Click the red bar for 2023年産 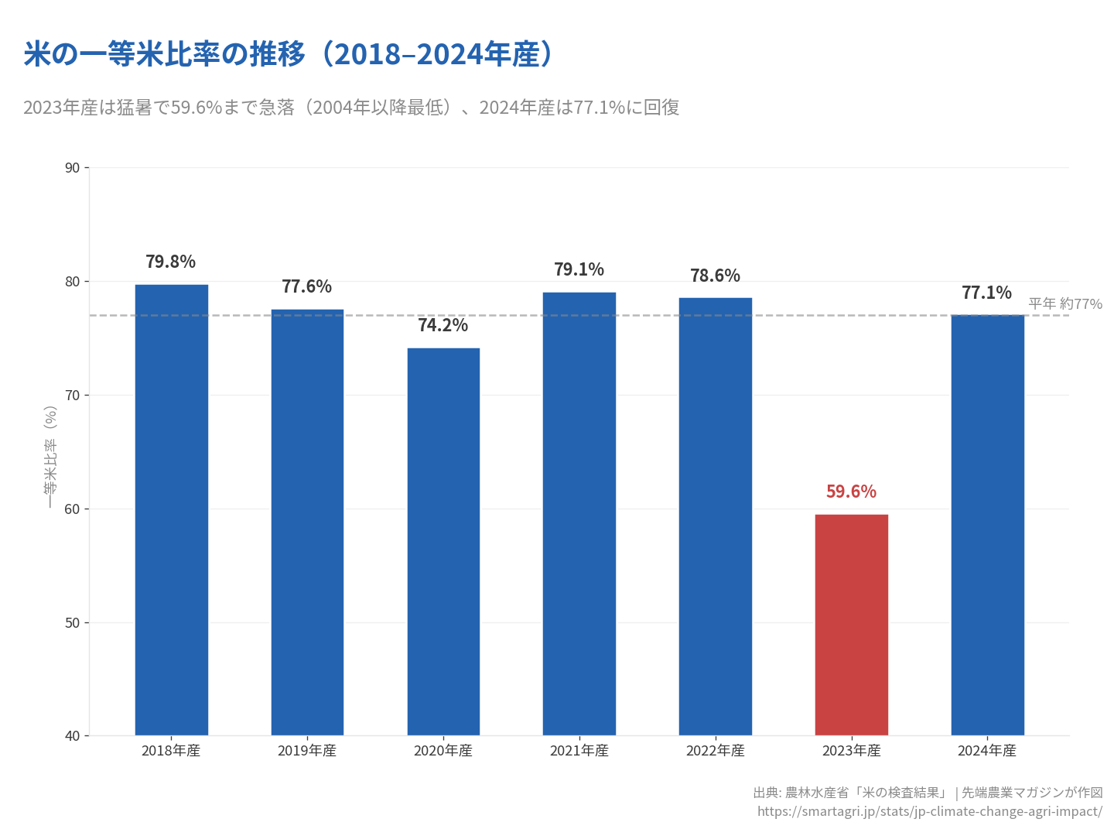click(851, 625)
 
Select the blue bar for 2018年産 click(171, 510)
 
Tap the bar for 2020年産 click(443, 542)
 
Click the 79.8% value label click(170, 262)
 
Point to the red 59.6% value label click(851, 492)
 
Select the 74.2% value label click(443, 325)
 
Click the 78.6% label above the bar click(715, 276)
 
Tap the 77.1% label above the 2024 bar click(986, 293)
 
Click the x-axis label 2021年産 click(579, 751)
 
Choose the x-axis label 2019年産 click(307, 751)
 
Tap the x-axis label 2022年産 click(715, 751)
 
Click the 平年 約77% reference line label click(1064, 304)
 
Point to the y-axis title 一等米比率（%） click(51, 457)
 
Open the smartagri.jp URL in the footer click(929, 811)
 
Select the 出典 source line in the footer click(928, 793)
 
